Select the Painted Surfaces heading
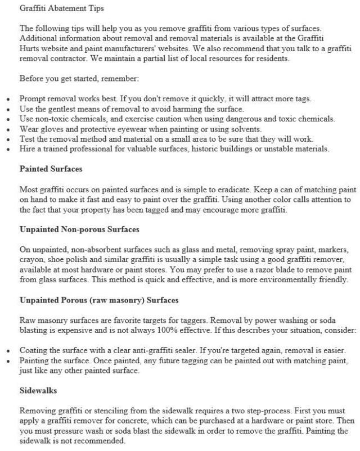pos(51,168)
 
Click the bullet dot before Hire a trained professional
pos(8,149)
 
